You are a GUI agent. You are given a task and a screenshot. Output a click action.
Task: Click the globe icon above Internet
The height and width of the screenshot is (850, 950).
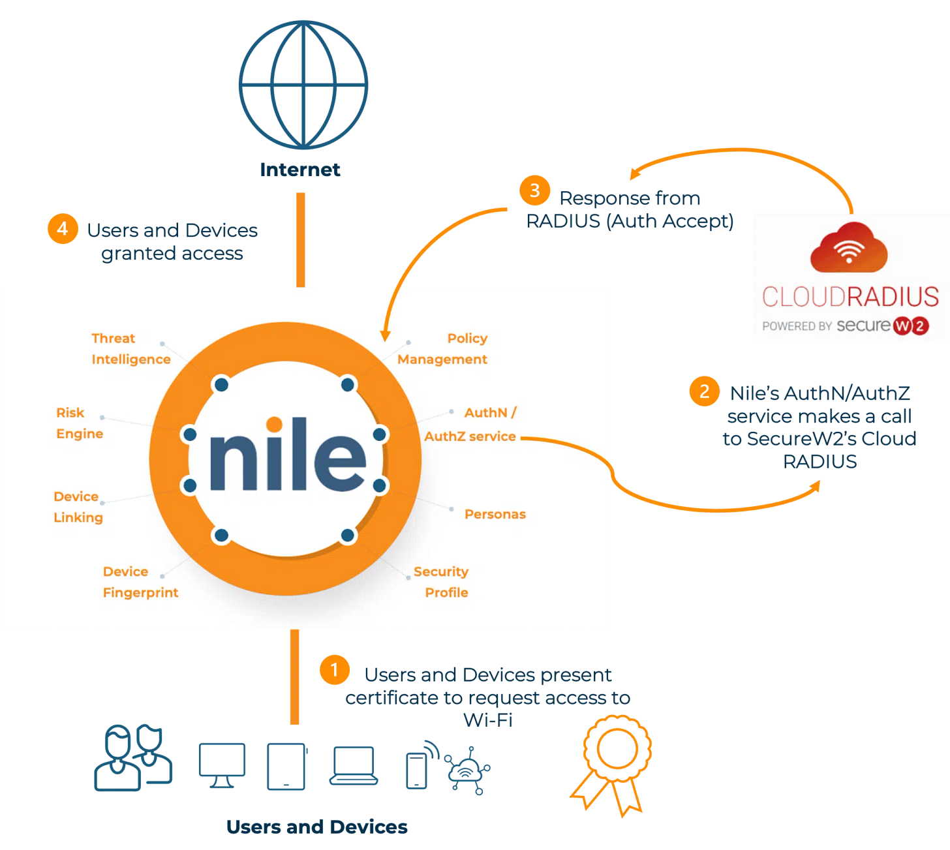[303, 85]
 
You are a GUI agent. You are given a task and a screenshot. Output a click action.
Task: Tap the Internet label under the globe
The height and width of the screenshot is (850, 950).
[300, 170]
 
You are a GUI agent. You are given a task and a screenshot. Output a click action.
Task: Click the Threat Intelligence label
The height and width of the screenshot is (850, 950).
[130, 349]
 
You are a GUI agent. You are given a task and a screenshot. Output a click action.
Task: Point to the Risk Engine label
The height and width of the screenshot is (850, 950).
[79, 423]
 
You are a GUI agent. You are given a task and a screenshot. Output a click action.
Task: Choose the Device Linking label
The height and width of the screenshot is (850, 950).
[78, 507]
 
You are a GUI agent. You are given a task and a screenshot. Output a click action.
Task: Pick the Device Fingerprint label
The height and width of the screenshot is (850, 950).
[140, 582]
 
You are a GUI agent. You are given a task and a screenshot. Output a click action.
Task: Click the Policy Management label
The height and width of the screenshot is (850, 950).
[443, 349]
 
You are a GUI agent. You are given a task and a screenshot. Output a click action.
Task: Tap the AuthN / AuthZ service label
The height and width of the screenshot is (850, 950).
[470, 425]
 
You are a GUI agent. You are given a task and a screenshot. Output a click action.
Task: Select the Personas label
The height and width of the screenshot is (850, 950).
[495, 514]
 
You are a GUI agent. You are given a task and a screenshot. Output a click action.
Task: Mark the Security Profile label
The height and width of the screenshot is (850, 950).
[442, 582]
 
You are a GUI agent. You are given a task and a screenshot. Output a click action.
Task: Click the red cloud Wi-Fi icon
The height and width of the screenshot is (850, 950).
[849, 248]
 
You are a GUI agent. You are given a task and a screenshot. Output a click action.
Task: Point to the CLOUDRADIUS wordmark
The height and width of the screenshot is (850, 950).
[850, 297]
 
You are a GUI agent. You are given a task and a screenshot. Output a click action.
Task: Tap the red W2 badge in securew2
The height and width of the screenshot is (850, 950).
[911, 326]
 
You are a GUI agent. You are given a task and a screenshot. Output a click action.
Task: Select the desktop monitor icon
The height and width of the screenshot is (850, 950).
[222, 765]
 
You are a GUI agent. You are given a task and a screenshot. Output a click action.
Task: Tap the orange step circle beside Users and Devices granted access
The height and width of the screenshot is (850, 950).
[63, 229]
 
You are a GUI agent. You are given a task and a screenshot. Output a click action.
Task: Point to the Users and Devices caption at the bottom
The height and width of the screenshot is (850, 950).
[316, 827]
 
